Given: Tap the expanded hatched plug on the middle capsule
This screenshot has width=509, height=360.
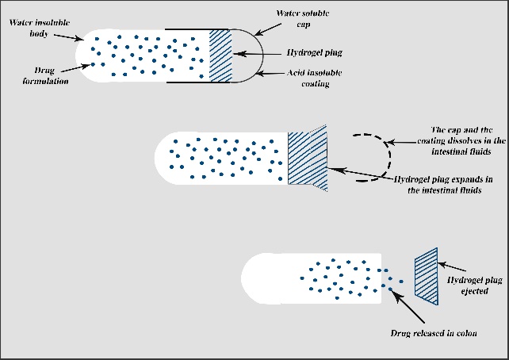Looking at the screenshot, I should pyautogui.click(x=307, y=159).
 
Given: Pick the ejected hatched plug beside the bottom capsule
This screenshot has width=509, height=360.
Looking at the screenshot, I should pyautogui.click(x=427, y=275).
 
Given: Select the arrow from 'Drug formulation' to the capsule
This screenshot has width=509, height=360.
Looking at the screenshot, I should pyautogui.click(x=79, y=68).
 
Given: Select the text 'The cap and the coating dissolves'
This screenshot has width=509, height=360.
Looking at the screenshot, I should pyautogui.click(x=460, y=140).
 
